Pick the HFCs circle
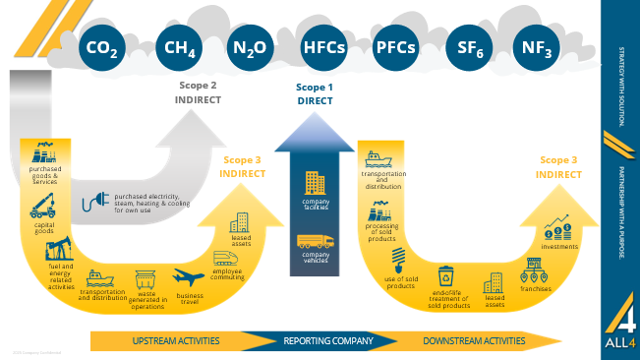pos(323,46)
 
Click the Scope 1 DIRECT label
pos(316,93)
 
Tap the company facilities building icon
pos(316,183)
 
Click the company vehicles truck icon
pos(316,241)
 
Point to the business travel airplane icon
pos(189,279)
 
